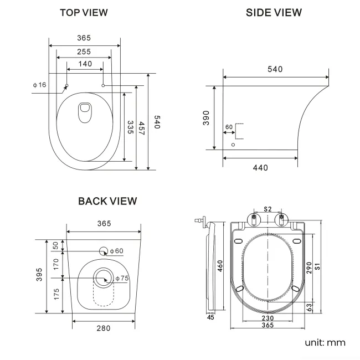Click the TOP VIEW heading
pyautogui.click(x=84, y=12)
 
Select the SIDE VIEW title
pyautogui.click(x=274, y=12)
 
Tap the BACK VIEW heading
pyautogui.click(x=107, y=201)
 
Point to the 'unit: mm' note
pyautogui.click(x=325, y=342)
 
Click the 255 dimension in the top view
pyautogui.click(x=84, y=52)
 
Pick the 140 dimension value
pyautogui.click(x=85, y=64)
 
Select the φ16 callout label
pyautogui.click(x=39, y=85)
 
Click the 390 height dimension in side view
pyautogui.click(x=206, y=117)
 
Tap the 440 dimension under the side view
pyautogui.click(x=260, y=167)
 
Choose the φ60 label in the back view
pyautogui.click(x=116, y=251)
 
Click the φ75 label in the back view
pyautogui.click(x=122, y=279)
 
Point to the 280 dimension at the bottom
pyautogui.click(x=103, y=328)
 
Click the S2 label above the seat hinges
pyautogui.click(x=268, y=209)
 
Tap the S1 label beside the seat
pyautogui.click(x=317, y=268)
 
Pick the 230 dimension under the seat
pyautogui.click(x=268, y=318)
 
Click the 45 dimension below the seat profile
pyautogui.click(x=210, y=318)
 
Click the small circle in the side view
pyautogui.click(x=233, y=145)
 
